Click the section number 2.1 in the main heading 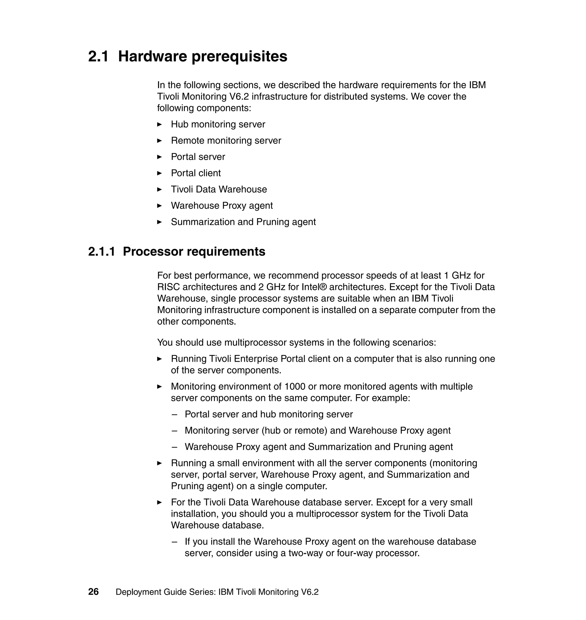pyautogui.click(x=98, y=57)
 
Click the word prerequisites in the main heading pyautogui.click(x=239, y=57)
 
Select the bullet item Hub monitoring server pyautogui.click(x=218, y=124)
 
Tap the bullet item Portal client pyautogui.click(x=195, y=173)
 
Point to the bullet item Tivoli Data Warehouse pyautogui.click(x=219, y=189)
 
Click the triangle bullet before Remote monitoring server pyautogui.click(x=159, y=141)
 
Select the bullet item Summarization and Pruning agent pyautogui.click(x=243, y=222)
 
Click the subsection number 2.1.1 pyautogui.click(x=102, y=252)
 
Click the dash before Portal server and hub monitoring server pyautogui.click(x=174, y=415)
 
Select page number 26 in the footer pyautogui.click(x=93, y=592)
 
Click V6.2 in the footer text pyautogui.click(x=310, y=592)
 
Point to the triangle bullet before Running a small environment pyautogui.click(x=159, y=463)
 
